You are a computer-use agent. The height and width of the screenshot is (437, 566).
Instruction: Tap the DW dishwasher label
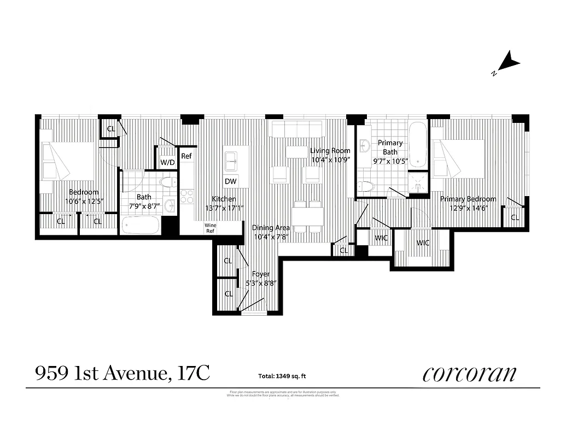pyautogui.click(x=230, y=181)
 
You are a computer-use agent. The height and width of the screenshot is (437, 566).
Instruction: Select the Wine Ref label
pyautogui.click(x=210, y=228)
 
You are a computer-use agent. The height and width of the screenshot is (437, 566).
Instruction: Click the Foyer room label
pyautogui.click(x=260, y=275)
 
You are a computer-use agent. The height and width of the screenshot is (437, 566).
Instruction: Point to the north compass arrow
pyautogui.click(x=509, y=62)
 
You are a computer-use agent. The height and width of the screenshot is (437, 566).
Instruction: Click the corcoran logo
pyautogui.click(x=469, y=374)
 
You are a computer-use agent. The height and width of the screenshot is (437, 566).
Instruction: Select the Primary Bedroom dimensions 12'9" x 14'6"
pyautogui.click(x=468, y=208)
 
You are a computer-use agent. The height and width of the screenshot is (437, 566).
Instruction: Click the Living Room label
pyautogui.click(x=330, y=151)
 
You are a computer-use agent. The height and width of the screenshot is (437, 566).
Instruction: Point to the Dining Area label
pyautogui.click(x=271, y=228)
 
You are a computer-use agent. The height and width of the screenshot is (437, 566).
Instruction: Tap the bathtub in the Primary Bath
pyautogui.click(x=418, y=145)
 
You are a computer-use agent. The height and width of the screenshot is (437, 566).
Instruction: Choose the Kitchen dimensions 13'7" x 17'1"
pyautogui.click(x=224, y=208)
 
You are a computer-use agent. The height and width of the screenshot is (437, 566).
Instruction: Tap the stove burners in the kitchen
pyautogui.click(x=186, y=196)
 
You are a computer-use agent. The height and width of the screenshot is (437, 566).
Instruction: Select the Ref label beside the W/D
pyautogui.click(x=186, y=156)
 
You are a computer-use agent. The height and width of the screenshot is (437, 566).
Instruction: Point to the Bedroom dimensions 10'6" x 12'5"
pyautogui.click(x=84, y=201)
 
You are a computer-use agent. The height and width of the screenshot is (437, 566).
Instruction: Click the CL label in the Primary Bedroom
pyautogui.click(x=515, y=217)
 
